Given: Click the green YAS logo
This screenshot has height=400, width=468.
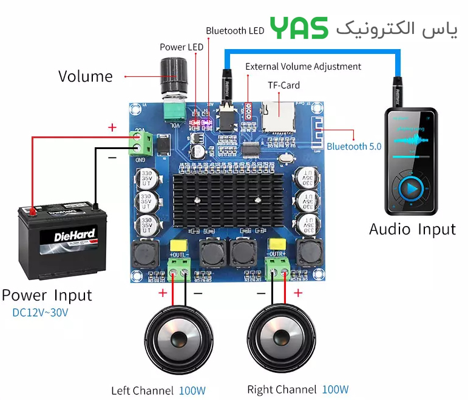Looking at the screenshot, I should (x=299, y=28).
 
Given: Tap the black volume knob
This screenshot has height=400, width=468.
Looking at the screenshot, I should (x=174, y=75).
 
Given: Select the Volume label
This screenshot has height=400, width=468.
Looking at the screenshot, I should (x=86, y=76).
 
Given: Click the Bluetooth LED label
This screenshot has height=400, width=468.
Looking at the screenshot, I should (x=234, y=30).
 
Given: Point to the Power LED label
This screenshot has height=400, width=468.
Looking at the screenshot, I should (x=181, y=47).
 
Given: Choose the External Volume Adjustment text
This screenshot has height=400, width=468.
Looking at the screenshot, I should (x=303, y=67).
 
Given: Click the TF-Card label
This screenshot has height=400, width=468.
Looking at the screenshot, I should (x=284, y=85).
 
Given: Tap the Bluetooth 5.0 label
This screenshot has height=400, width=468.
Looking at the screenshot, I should (x=354, y=146).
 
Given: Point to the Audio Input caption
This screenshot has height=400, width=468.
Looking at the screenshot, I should (x=412, y=229).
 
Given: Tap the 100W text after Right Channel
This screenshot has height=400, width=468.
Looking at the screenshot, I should (x=335, y=389).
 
